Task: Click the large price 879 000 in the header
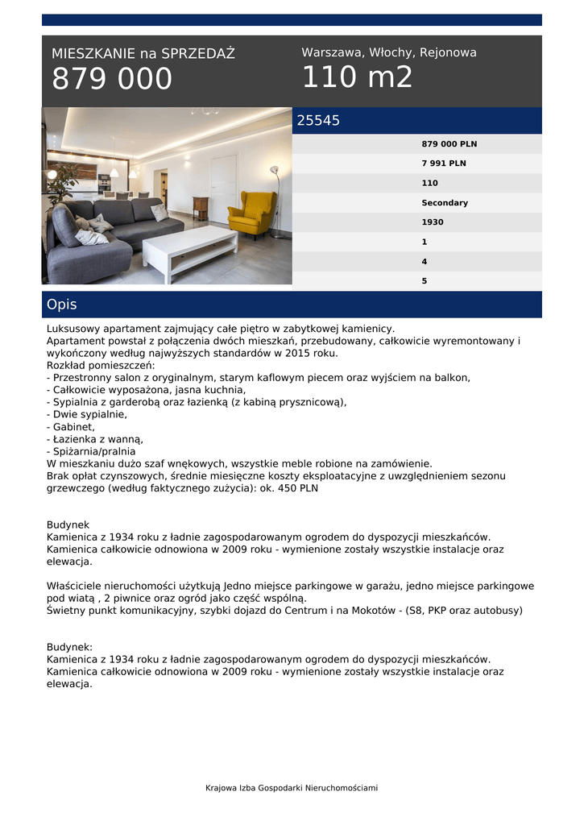[x=112, y=79]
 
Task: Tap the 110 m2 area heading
[x=357, y=77]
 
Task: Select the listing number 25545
[x=318, y=121]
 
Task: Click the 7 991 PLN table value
[x=444, y=164]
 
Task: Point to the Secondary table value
[x=445, y=203]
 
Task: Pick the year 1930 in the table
[x=433, y=222]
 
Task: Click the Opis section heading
[x=62, y=305]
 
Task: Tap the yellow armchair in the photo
[x=251, y=213]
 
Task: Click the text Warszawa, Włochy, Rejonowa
[x=389, y=52]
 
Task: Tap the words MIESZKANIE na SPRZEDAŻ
[x=143, y=54]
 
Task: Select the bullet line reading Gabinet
[x=72, y=427]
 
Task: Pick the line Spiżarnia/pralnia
[x=90, y=451]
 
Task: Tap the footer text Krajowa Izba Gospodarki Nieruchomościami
[x=292, y=788]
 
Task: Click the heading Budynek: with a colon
[x=70, y=646]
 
